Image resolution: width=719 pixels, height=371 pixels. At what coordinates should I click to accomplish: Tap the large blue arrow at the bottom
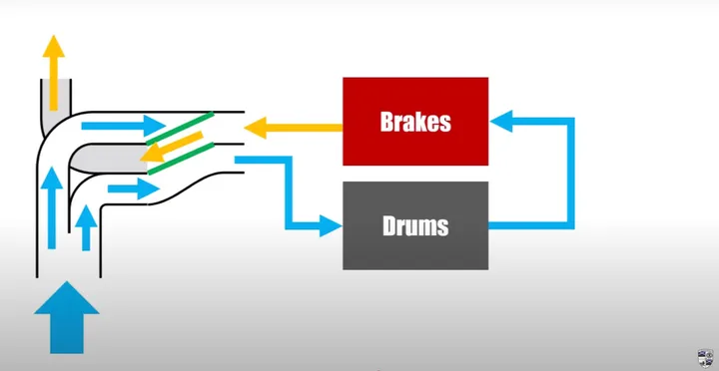pyautogui.click(x=67, y=316)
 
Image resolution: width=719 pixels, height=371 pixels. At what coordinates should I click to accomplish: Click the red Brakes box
pyautogui.click(x=414, y=122)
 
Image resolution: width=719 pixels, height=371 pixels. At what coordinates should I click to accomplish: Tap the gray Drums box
pyautogui.click(x=414, y=225)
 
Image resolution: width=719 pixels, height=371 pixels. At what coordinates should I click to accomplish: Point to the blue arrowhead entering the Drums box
pyautogui.click(x=329, y=226)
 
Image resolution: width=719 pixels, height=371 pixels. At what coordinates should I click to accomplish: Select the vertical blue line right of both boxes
pyautogui.click(x=572, y=174)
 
